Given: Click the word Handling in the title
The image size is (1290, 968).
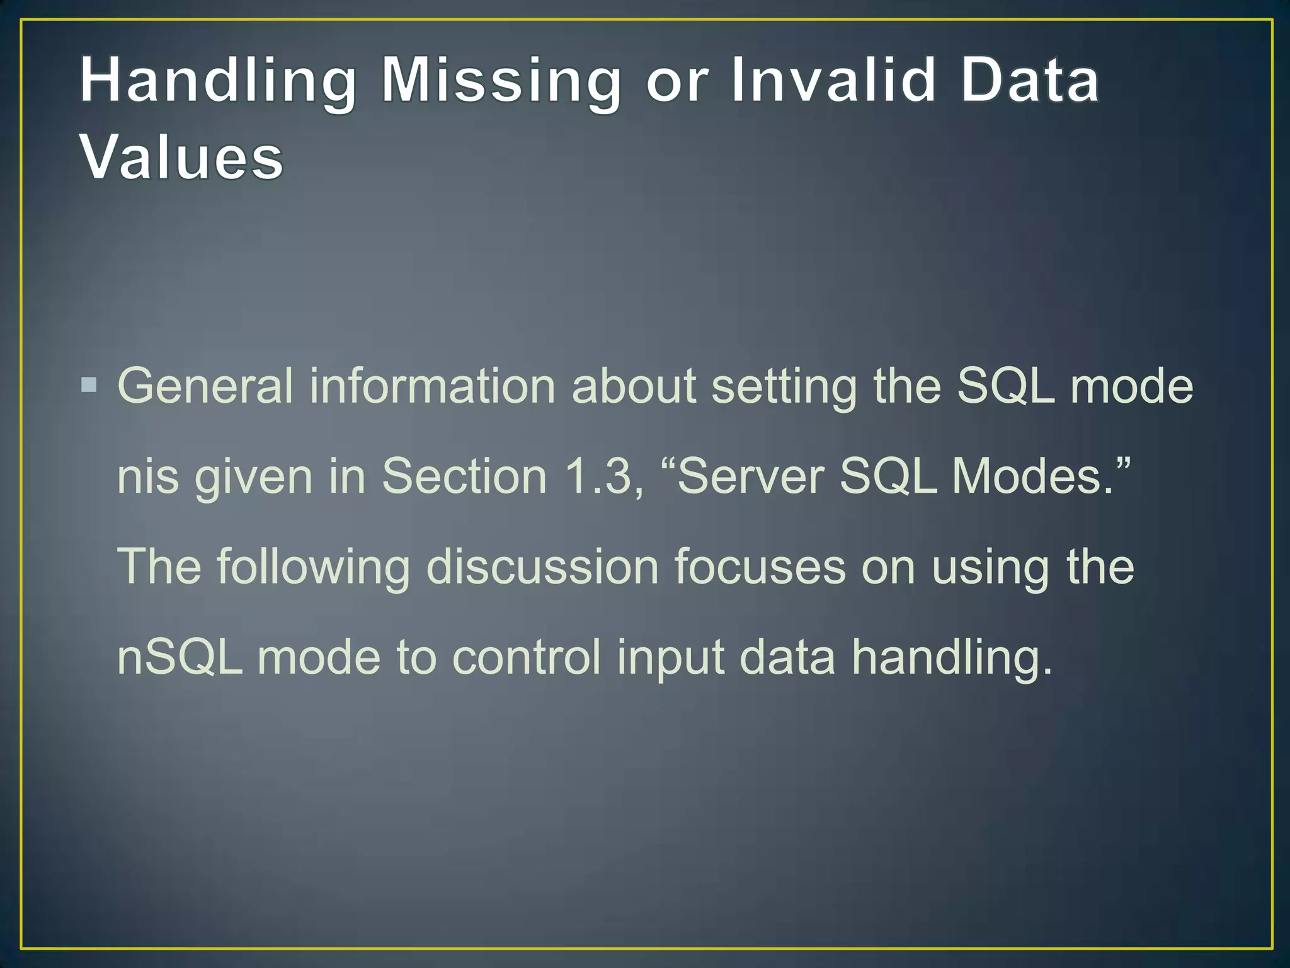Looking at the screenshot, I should pos(218,82).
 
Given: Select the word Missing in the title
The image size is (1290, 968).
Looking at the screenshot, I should pos(501,82).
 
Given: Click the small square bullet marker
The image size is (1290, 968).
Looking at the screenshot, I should pos(89,384).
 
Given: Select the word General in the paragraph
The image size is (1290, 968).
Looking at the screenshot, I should pos(205,386).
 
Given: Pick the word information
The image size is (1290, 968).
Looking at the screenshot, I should pos(432,386).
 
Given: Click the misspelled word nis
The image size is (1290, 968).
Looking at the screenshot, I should pos(148,476).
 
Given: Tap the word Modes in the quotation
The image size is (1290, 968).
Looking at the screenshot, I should pos(1033,476).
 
